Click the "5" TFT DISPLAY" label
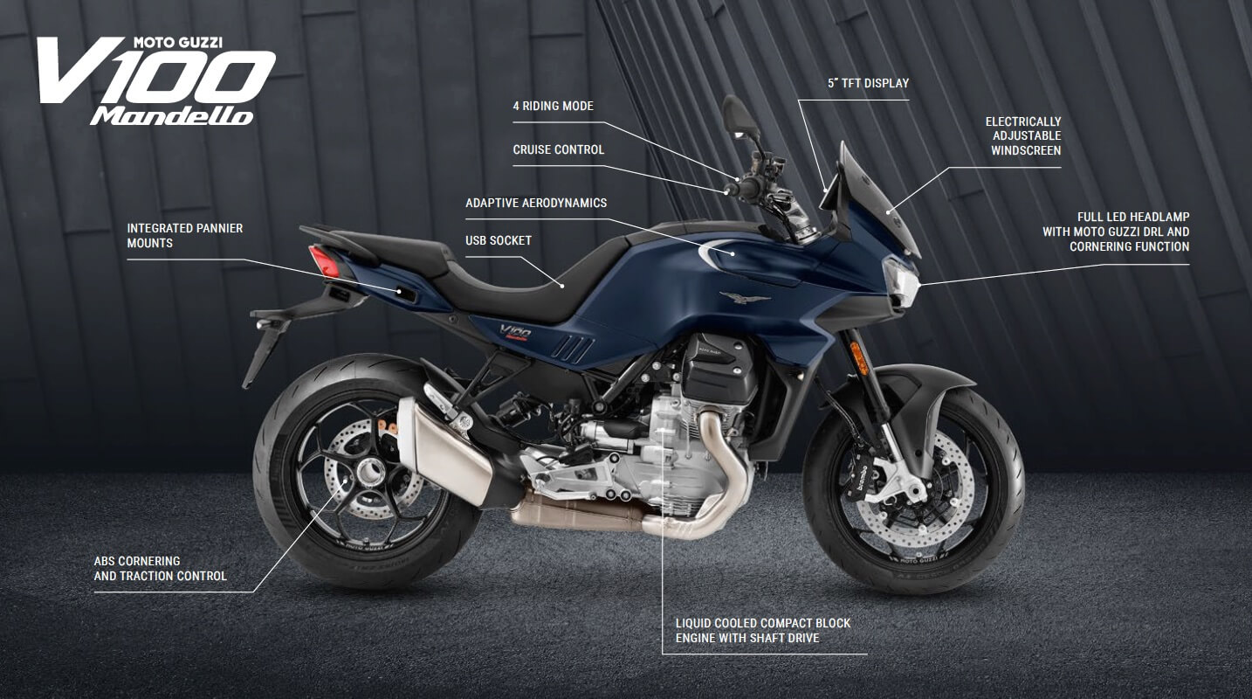868,83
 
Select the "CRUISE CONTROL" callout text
558,149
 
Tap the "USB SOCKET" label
498,240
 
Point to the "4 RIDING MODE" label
553,106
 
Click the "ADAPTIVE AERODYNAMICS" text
535,203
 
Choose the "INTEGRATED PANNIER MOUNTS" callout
185,236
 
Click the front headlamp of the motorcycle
899,279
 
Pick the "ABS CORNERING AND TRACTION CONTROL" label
160,568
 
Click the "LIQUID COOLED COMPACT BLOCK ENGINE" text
762,630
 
